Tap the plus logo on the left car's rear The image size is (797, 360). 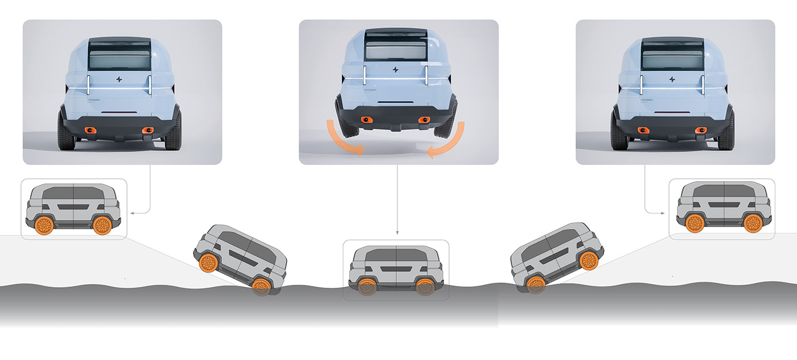coord(118,80)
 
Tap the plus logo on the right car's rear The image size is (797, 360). coord(672,79)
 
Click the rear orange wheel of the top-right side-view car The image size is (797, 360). coord(754,223)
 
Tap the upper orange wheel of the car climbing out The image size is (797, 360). coord(588,261)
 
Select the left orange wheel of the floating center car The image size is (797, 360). coord(367,287)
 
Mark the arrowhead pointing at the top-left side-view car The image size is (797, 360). coord(133,212)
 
